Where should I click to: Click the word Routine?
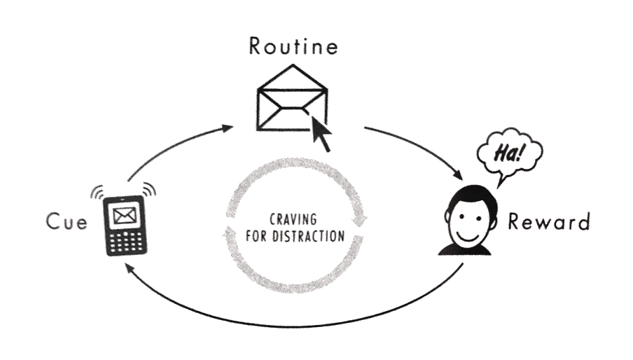[293, 46]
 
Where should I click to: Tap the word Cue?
[67, 221]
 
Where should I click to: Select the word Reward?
[549, 221]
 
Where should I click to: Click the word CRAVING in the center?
[293, 219]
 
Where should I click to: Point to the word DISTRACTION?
[308, 236]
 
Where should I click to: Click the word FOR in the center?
[257, 236]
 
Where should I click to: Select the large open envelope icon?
[292, 97]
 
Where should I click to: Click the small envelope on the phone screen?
[125, 216]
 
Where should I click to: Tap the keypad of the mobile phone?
[125, 242]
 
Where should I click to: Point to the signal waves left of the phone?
[97, 192]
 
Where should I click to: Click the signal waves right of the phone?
[149, 189]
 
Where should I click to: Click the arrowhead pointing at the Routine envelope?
[228, 128]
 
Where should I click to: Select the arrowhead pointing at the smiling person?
[458, 175]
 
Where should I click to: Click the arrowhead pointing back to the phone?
[128, 268]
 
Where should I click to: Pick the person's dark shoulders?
[465, 250]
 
